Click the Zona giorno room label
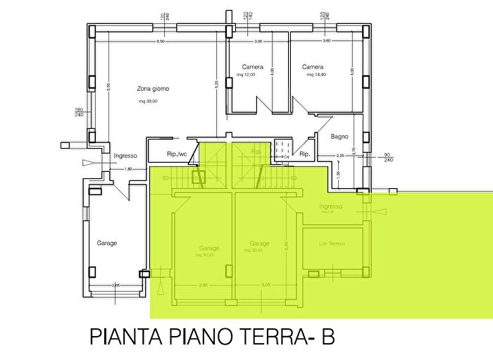coord(153,88)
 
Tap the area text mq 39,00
coord(149,101)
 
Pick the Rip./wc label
coord(177,154)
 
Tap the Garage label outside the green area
coord(107,243)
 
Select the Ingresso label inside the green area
coord(330,206)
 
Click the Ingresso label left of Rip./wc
coord(125,156)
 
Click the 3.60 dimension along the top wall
coord(326,42)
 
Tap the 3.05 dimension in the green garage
coord(266,285)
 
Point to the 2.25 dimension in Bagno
coord(339,156)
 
